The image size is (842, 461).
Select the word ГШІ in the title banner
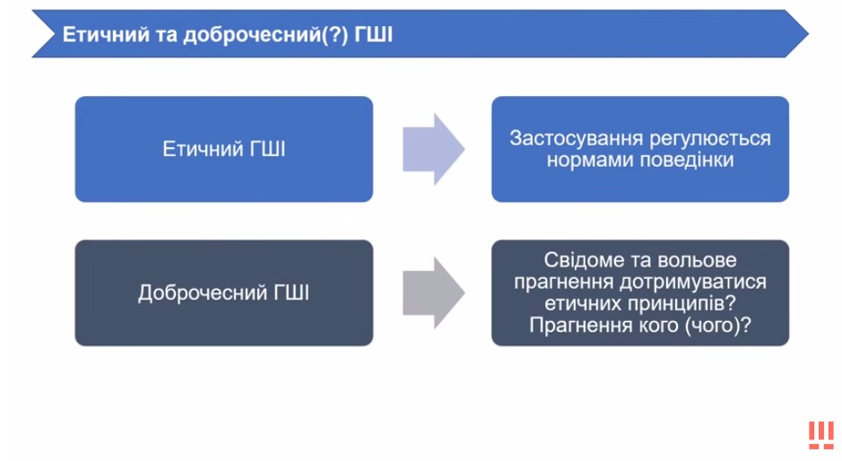373,34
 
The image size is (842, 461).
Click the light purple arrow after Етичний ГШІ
434,149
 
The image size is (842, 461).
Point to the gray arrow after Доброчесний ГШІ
434,292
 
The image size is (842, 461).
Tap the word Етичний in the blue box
202,149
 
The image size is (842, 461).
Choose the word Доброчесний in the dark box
203,292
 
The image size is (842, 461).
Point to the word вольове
699,260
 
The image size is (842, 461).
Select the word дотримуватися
693,283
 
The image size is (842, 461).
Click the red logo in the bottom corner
821,435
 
